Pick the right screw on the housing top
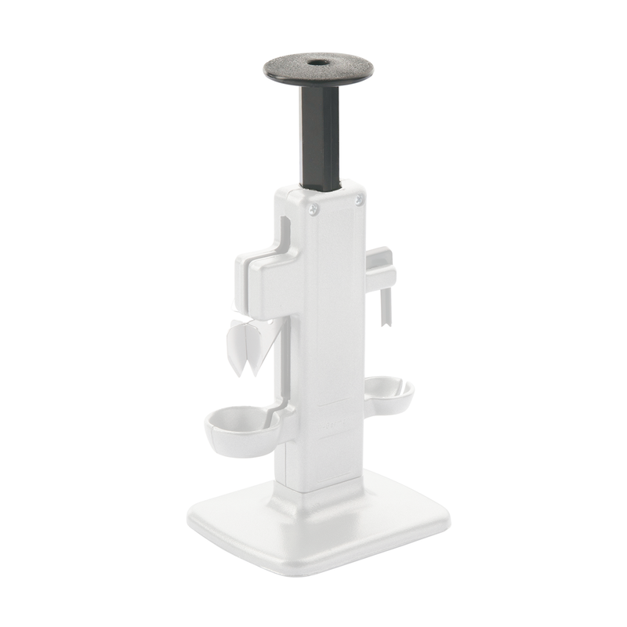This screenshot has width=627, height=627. pos(359,201)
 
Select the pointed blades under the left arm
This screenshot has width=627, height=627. pos(251,345)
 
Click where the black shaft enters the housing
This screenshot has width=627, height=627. pos(321,189)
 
